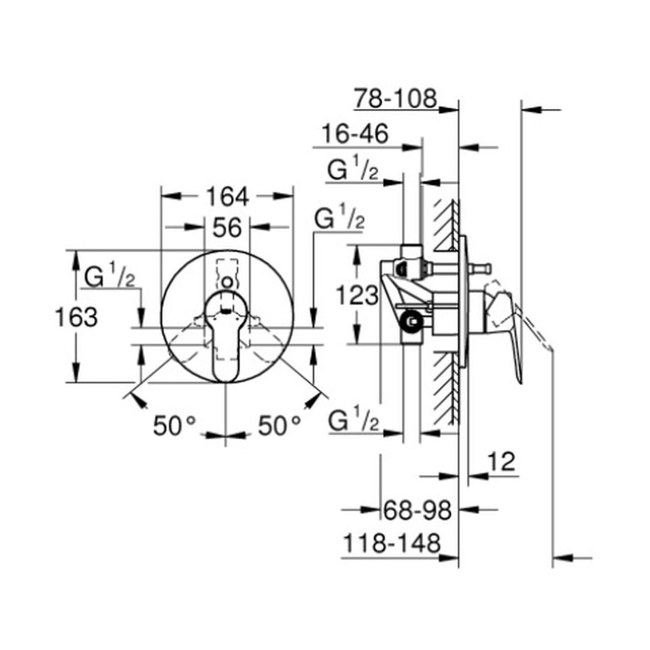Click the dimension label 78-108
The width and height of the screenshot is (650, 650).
coord(395,99)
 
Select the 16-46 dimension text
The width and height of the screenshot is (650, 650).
coord(355,134)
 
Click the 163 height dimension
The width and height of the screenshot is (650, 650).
coord(76,317)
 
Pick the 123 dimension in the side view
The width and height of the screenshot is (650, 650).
coord(357,295)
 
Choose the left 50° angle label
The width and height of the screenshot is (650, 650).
coord(174,426)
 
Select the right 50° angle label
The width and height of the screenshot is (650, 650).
coord(279,426)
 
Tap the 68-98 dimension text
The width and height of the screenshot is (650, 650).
coord(417,510)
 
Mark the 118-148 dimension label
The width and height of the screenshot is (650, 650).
coord(392,543)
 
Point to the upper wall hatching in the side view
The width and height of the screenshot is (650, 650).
coord(446,225)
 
